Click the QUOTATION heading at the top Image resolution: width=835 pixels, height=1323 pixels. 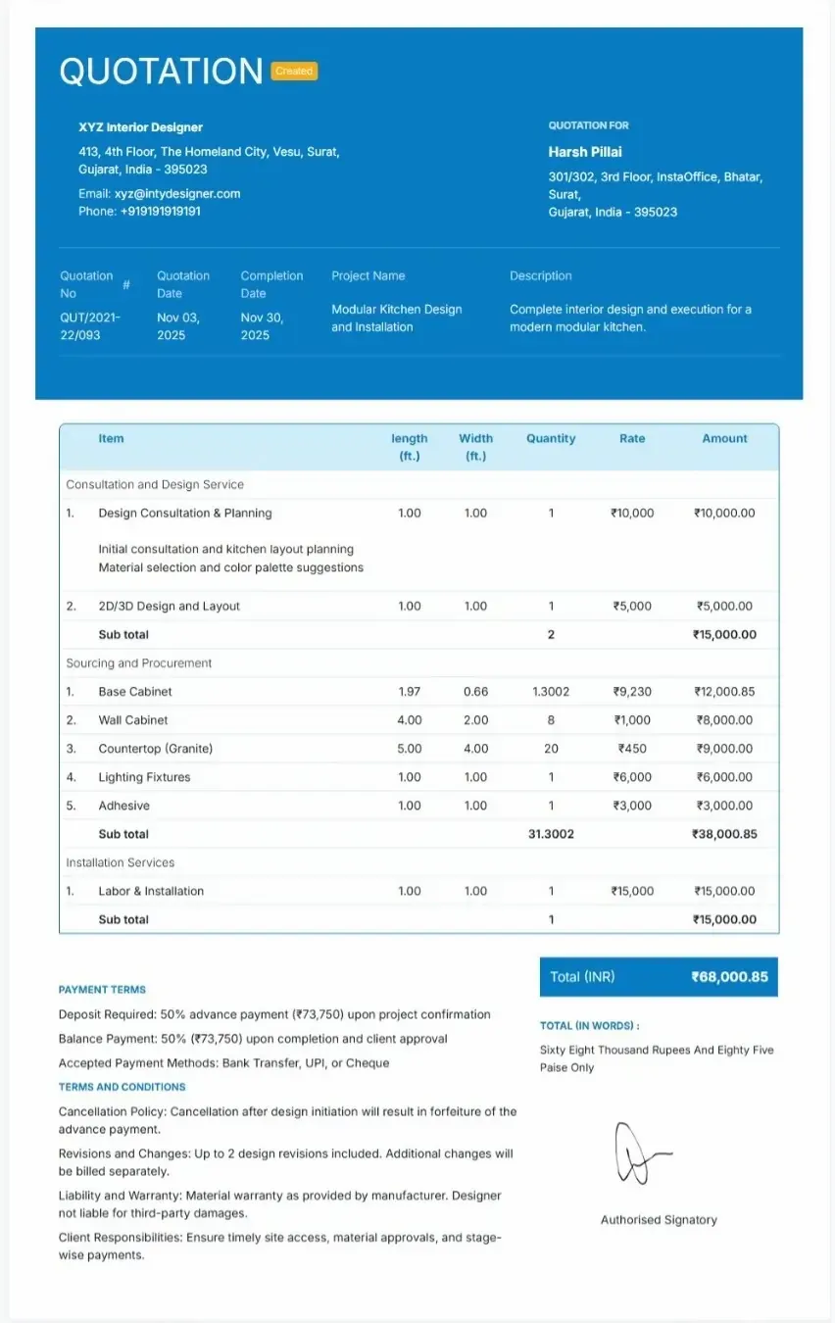[x=161, y=72]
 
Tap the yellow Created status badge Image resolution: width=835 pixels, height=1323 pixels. [x=294, y=72]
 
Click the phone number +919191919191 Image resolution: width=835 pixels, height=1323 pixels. [x=160, y=212]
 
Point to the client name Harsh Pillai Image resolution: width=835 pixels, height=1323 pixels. [x=585, y=152]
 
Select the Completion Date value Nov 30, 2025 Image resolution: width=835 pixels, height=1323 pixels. [x=255, y=326]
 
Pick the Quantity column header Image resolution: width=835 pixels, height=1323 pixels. [x=551, y=439]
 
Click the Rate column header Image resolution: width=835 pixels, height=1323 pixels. [x=632, y=439]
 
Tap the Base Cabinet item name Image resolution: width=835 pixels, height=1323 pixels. [x=135, y=692]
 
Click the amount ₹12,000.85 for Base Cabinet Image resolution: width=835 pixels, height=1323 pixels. [x=724, y=692]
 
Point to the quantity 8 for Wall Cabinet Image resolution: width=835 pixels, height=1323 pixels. [x=551, y=720]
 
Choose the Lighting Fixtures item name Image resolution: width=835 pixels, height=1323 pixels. [x=144, y=777]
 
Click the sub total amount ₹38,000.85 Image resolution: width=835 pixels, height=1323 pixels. [x=724, y=835]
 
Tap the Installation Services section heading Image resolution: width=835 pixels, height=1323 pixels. [x=120, y=863]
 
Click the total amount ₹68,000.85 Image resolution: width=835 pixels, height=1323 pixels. [x=729, y=977]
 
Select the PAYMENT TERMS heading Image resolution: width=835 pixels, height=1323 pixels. [x=102, y=990]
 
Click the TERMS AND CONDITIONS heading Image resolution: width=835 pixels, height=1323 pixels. [x=122, y=1087]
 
